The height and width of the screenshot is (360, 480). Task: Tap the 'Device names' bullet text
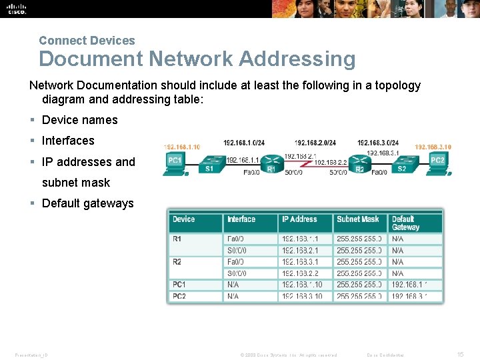[79, 120]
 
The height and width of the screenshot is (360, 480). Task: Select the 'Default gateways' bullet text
[87, 203]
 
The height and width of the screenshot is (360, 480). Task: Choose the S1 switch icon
[212, 162]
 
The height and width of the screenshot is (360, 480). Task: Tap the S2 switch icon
[401, 162]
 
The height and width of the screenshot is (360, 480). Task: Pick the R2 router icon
[359, 162]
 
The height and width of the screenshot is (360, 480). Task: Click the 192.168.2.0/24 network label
[315, 143]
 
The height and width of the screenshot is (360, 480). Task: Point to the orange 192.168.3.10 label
[433, 147]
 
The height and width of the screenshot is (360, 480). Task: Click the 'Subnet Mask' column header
[358, 219]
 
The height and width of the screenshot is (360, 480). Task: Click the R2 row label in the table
[177, 262]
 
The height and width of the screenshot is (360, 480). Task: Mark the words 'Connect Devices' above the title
[87, 41]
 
